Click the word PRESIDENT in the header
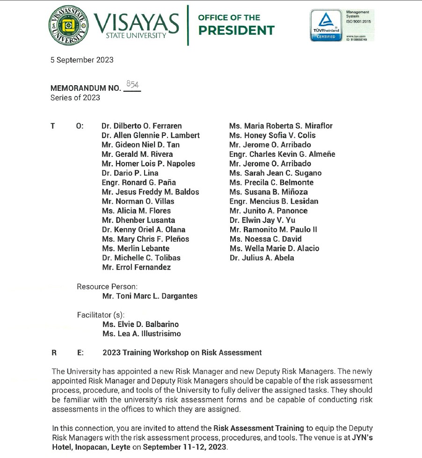[x=236, y=31]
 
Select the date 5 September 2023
[x=82, y=60]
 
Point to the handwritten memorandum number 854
[x=132, y=84]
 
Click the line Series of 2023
[x=75, y=97]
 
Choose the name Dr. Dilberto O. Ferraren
[x=142, y=126]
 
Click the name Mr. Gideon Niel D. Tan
[x=140, y=145]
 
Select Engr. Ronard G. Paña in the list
[x=138, y=183]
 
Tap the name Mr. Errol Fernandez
[x=136, y=267]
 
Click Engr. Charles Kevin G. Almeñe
[x=282, y=154]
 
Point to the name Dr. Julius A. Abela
[x=262, y=258]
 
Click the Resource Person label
[x=107, y=286]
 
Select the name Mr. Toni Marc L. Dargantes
[x=150, y=296]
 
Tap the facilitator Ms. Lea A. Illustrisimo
[x=141, y=334]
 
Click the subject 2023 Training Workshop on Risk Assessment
[x=182, y=353]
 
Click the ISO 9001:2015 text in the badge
[x=358, y=21]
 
